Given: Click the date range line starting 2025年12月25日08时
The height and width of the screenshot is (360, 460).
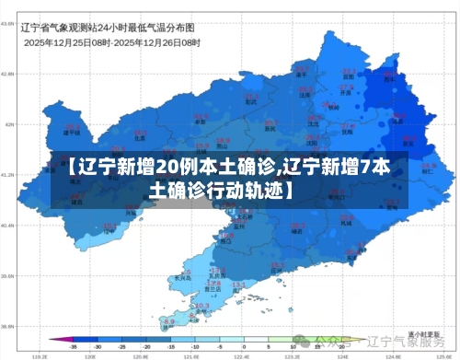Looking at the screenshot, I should pos(111,42).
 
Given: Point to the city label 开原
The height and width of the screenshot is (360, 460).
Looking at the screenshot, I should pos(346,93).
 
